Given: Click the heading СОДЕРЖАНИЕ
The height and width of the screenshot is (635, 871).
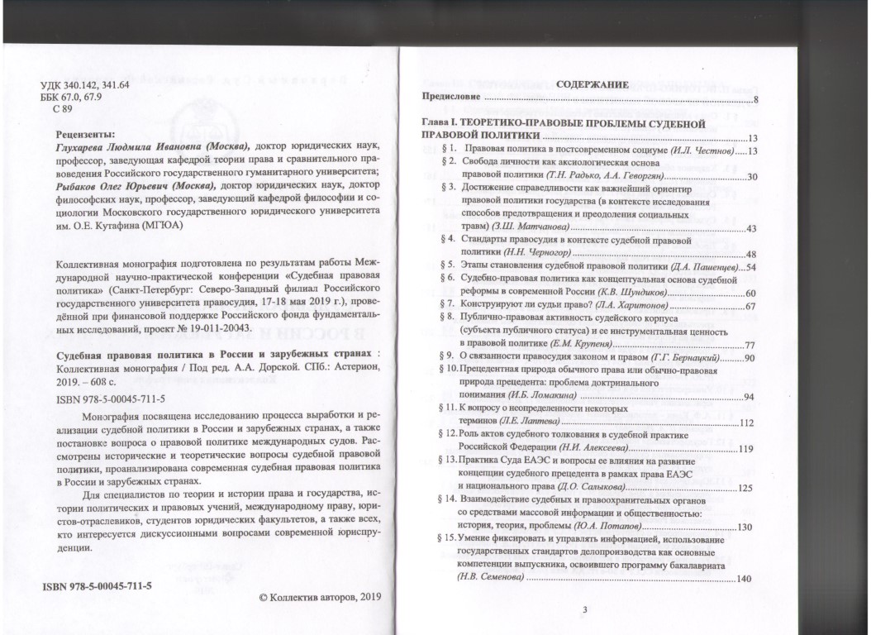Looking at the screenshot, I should pos(593,84).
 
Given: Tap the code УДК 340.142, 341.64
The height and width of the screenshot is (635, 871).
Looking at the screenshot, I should pos(86,84).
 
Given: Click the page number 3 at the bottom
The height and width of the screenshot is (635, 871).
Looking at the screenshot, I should pos(584,610).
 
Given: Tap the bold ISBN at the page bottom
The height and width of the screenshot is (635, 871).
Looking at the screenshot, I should pos(98,585).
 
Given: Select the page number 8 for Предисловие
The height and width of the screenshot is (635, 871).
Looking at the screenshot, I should pos(756,100).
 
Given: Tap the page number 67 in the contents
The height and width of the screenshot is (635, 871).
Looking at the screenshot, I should pos(751,307).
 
